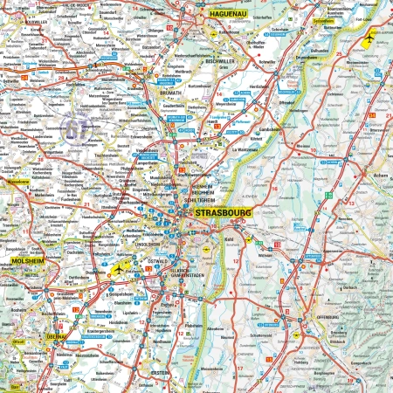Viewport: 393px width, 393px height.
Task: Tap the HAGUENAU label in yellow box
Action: click(x=229, y=15)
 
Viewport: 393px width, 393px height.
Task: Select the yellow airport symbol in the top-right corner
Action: click(x=370, y=38)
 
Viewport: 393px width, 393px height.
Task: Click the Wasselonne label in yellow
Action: click(x=18, y=184)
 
